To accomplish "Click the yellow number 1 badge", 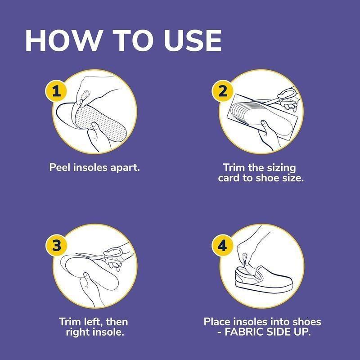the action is (56, 91).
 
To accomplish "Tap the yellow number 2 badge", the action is (222, 91).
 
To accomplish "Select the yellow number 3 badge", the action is (56, 245).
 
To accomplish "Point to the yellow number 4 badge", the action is (222, 245).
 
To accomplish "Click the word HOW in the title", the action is (63, 40).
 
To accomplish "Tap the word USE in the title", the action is (193, 40).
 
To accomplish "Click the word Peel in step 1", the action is (60, 167).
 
